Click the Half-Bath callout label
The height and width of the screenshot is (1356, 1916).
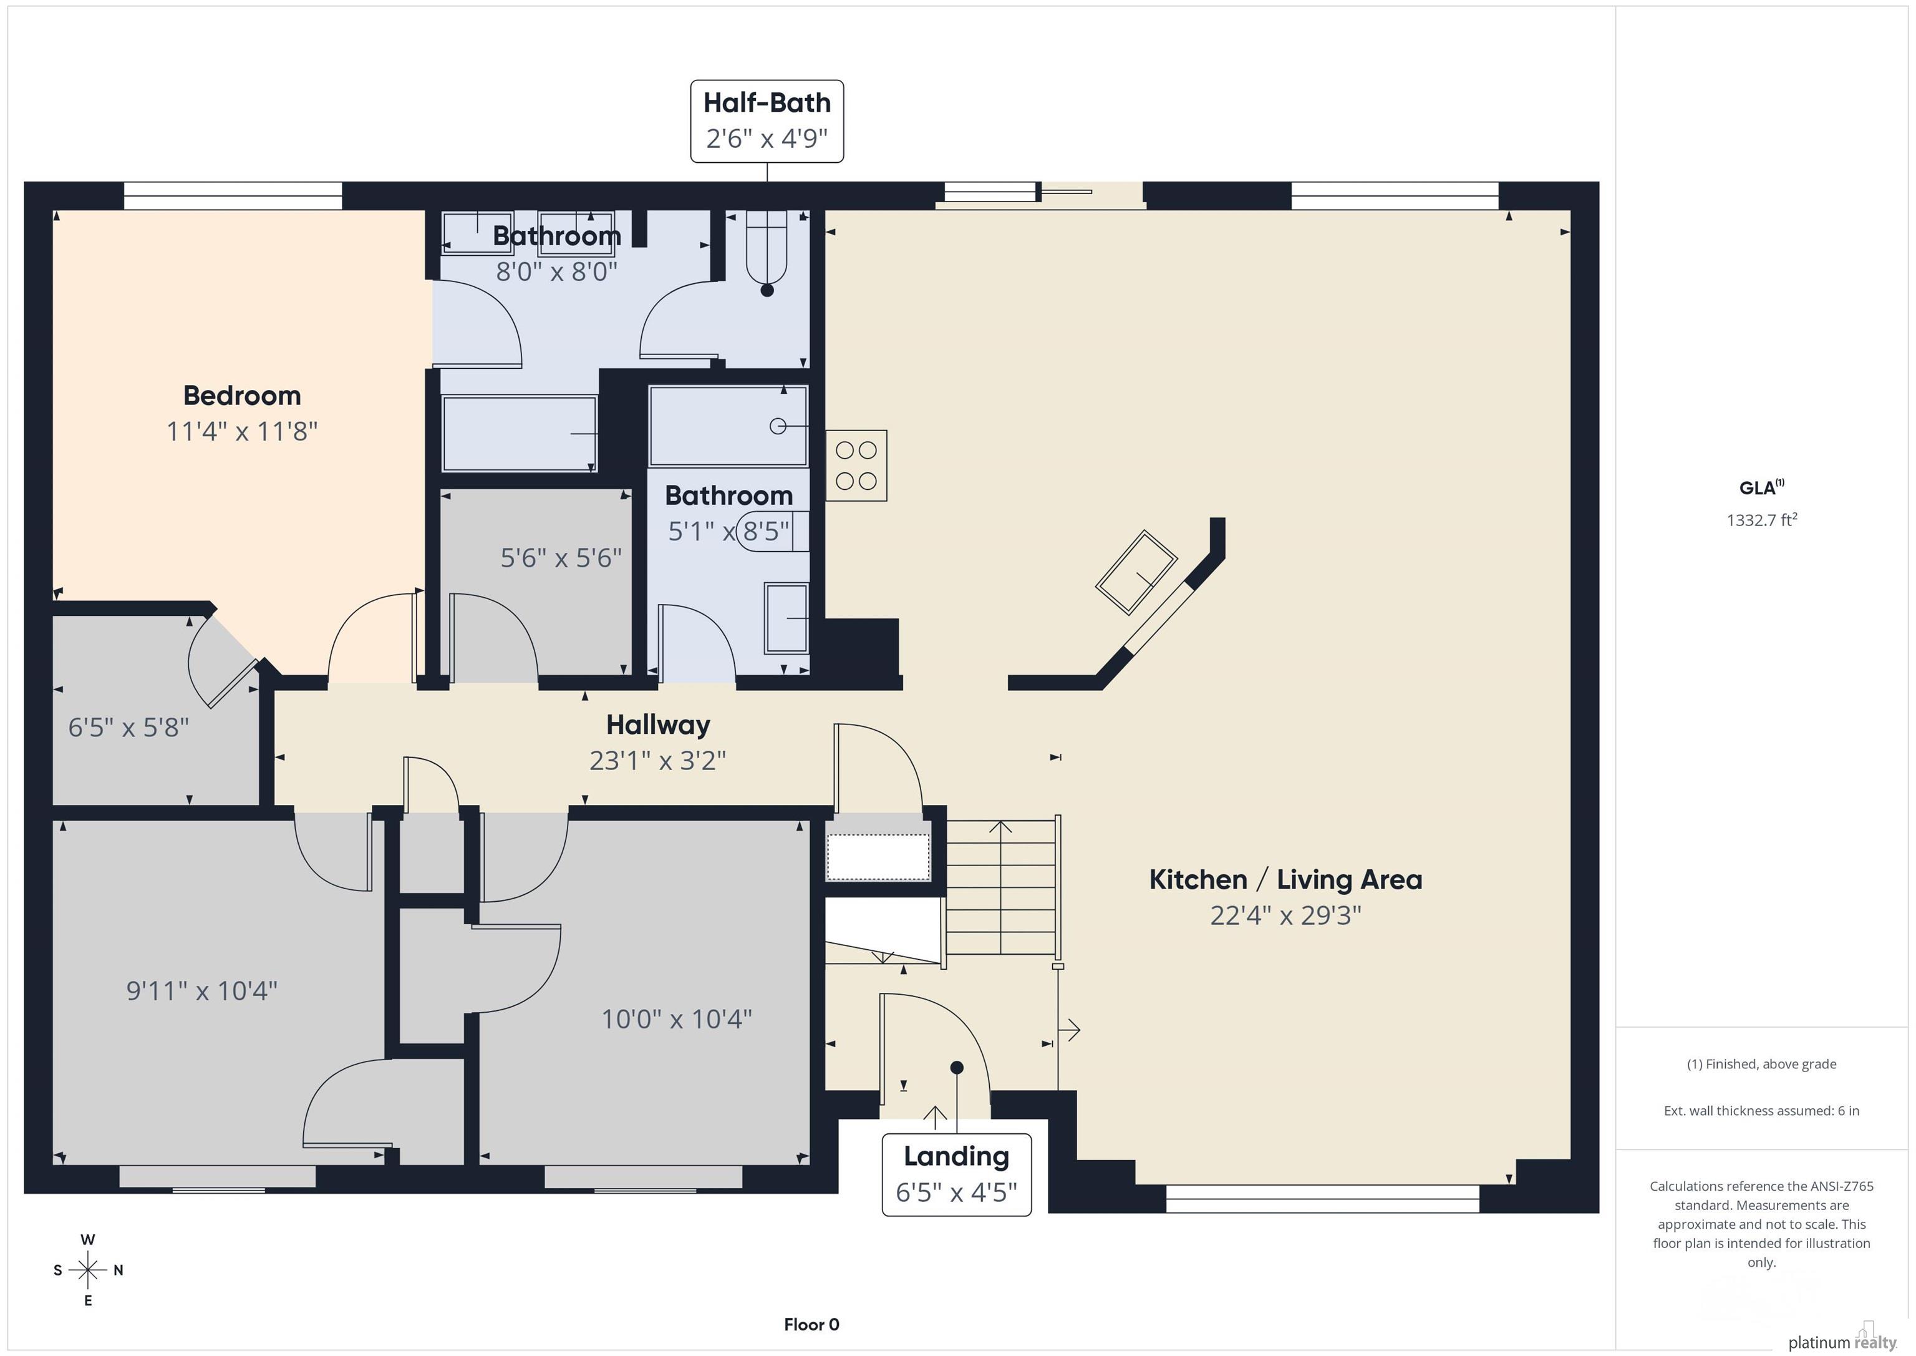(x=767, y=121)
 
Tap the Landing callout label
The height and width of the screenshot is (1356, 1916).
(x=956, y=1174)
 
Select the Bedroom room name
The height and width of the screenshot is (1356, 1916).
(x=242, y=395)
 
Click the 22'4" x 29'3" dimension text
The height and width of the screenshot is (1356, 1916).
(x=1285, y=916)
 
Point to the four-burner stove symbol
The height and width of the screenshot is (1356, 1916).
(x=856, y=465)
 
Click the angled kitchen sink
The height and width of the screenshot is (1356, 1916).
(x=1136, y=572)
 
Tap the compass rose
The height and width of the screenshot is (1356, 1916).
(x=87, y=1270)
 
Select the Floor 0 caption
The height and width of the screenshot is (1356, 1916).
(x=811, y=1324)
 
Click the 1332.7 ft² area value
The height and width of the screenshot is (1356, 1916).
(x=1761, y=519)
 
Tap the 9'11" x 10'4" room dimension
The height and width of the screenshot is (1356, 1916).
(x=202, y=990)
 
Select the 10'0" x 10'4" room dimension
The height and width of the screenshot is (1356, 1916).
(x=677, y=1018)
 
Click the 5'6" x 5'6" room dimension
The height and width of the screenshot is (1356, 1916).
(x=561, y=558)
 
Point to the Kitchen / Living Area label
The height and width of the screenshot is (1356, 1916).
(x=1285, y=879)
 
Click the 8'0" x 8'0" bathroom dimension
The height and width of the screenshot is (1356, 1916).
(x=556, y=271)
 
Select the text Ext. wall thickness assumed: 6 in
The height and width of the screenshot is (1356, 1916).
(x=1761, y=1111)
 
